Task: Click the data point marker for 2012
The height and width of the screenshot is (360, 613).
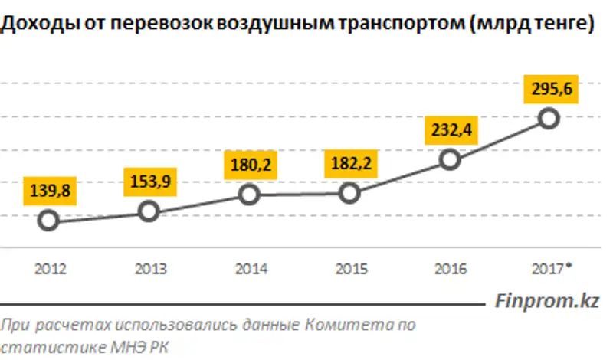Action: (x=48, y=221)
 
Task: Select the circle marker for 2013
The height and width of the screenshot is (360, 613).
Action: (x=149, y=211)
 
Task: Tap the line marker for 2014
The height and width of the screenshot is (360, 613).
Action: (x=249, y=195)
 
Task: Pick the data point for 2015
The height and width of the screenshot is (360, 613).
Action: (x=349, y=193)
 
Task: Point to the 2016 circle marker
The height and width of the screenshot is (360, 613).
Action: (x=451, y=159)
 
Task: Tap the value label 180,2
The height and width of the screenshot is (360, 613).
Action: (x=249, y=165)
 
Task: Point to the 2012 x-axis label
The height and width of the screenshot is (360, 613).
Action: (x=50, y=269)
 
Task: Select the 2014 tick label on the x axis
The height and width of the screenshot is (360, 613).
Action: (x=251, y=269)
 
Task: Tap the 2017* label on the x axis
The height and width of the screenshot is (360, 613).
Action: (x=552, y=269)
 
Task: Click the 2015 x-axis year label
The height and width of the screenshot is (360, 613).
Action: (x=351, y=269)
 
